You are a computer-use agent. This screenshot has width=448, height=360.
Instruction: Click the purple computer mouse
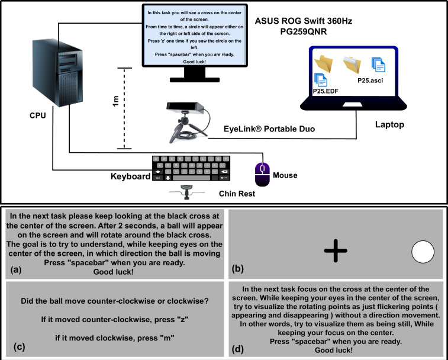tap(262, 175)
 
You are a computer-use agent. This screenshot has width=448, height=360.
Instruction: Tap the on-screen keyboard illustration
tap(191, 168)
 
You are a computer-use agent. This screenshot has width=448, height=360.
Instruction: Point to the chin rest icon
tap(187, 192)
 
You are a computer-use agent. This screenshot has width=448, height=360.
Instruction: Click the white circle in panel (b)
tap(423, 252)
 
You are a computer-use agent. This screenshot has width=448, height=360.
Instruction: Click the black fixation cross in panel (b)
tap(336, 251)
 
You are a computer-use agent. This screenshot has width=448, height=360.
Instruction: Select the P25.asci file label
tap(370, 81)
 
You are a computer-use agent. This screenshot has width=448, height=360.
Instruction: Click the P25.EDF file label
tap(325, 91)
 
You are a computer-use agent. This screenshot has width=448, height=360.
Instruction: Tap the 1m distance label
tap(115, 101)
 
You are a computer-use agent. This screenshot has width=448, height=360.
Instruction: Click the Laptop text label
tap(390, 125)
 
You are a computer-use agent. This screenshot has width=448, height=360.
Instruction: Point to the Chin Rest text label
tap(237, 194)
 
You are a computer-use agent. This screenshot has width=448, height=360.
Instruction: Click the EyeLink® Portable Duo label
tap(269, 129)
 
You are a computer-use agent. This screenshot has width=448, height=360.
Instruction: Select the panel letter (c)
tap(20, 346)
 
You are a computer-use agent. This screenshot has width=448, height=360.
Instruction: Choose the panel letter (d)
tap(238, 349)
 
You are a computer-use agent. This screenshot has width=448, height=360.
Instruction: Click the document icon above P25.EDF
tap(321, 79)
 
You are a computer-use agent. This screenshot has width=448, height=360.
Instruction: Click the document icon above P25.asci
tap(379, 65)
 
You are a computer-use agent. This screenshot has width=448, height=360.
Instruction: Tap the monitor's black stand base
tap(195, 79)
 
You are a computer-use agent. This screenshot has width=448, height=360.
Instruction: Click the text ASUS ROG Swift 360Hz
tap(304, 21)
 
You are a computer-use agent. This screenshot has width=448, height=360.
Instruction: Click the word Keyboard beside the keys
tap(131, 176)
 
